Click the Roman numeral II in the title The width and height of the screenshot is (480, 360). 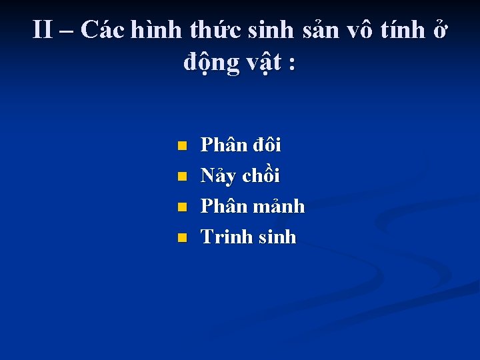click(x=43, y=30)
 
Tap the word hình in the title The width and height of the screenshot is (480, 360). click(x=160, y=30)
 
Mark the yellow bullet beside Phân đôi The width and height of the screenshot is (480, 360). click(x=181, y=145)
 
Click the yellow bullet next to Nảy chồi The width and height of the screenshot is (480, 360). click(x=181, y=177)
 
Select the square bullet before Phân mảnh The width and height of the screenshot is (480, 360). click(x=181, y=207)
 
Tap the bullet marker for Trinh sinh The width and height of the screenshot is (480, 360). click(x=181, y=238)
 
